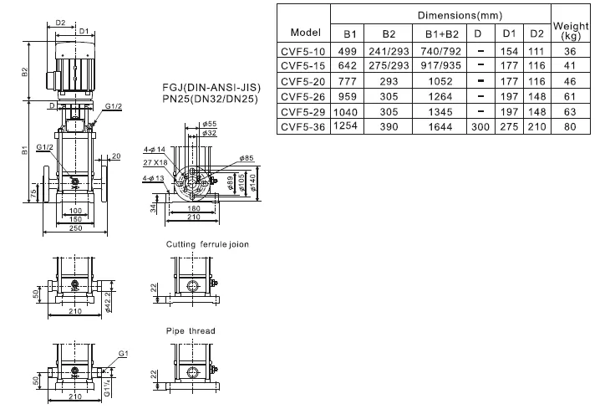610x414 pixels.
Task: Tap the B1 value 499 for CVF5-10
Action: coord(350,50)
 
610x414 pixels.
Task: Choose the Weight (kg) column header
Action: coord(571,32)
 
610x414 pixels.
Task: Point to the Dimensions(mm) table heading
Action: coord(441,16)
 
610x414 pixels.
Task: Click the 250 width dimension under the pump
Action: coord(76,227)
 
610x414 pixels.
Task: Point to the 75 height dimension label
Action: coord(33,193)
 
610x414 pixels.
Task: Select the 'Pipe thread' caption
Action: coord(190,331)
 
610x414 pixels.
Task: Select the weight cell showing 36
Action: coord(571,50)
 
